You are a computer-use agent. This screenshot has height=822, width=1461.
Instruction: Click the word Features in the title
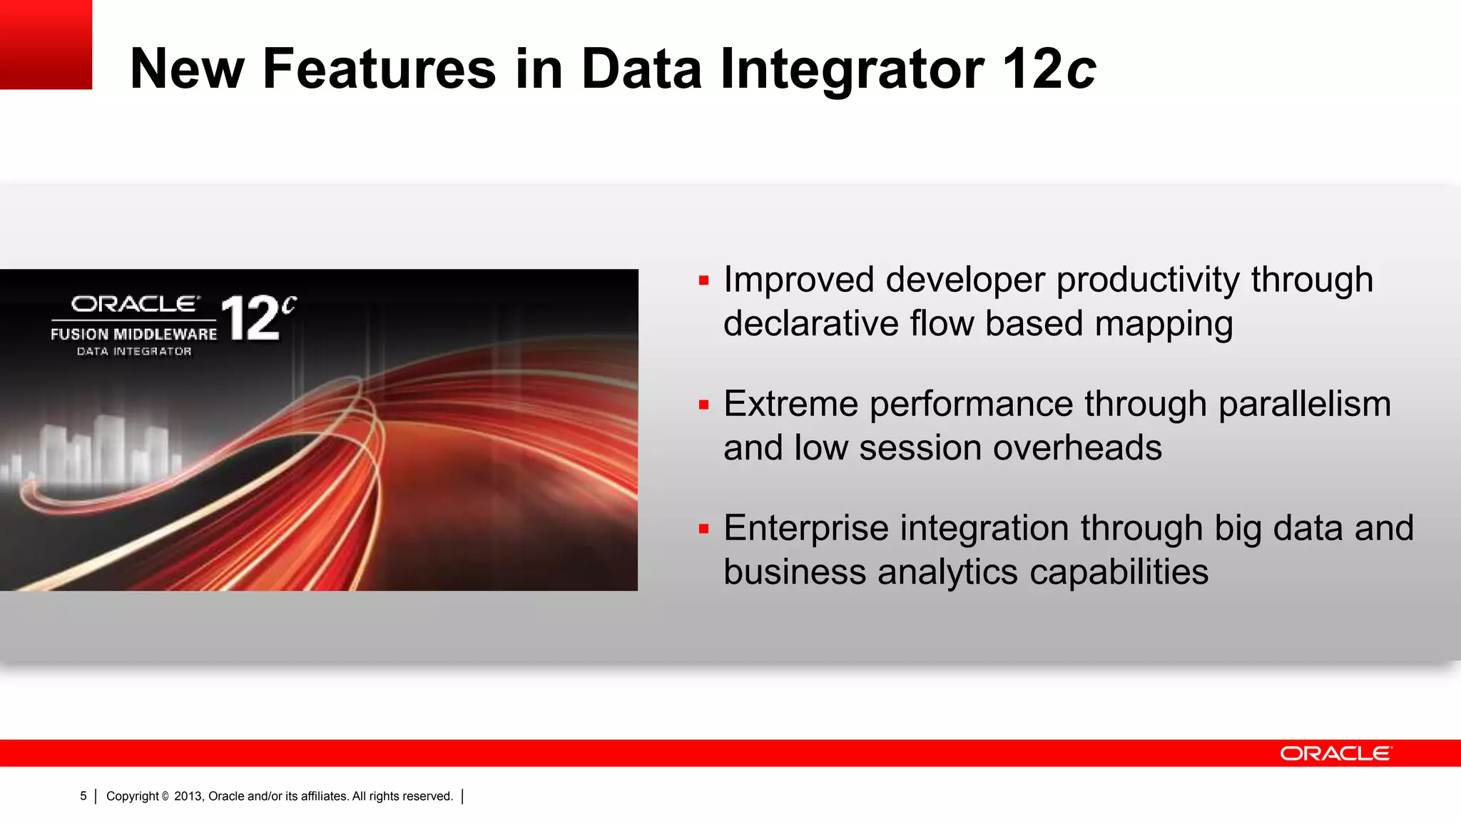click(x=379, y=69)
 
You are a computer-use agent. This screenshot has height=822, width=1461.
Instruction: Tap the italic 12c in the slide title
click(x=1049, y=69)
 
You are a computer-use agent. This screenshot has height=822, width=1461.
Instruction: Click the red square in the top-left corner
click(x=46, y=44)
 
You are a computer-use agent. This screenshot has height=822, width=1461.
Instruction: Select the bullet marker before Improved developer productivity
click(x=704, y=281)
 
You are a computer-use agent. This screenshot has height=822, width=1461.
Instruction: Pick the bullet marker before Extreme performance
click(x=704, y=405)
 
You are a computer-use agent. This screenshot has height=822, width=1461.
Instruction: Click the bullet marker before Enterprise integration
click(x=704, y=529)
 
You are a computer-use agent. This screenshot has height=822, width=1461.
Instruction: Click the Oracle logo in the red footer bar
click(x=1335, y=753)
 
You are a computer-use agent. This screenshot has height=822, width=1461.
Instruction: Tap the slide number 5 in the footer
click(x=83, y=796)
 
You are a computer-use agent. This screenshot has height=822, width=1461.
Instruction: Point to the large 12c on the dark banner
click(x=257, y=318)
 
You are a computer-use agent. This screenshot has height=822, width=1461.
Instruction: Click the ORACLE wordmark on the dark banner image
click(x=135, y=305)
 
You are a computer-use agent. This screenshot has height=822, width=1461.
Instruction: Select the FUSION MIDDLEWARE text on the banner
click(x=133, y=334)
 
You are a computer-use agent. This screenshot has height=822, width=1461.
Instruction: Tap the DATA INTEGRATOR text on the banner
click(x=134, y=352)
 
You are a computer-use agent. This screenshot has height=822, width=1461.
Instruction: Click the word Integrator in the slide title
click(x=852, y=69)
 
